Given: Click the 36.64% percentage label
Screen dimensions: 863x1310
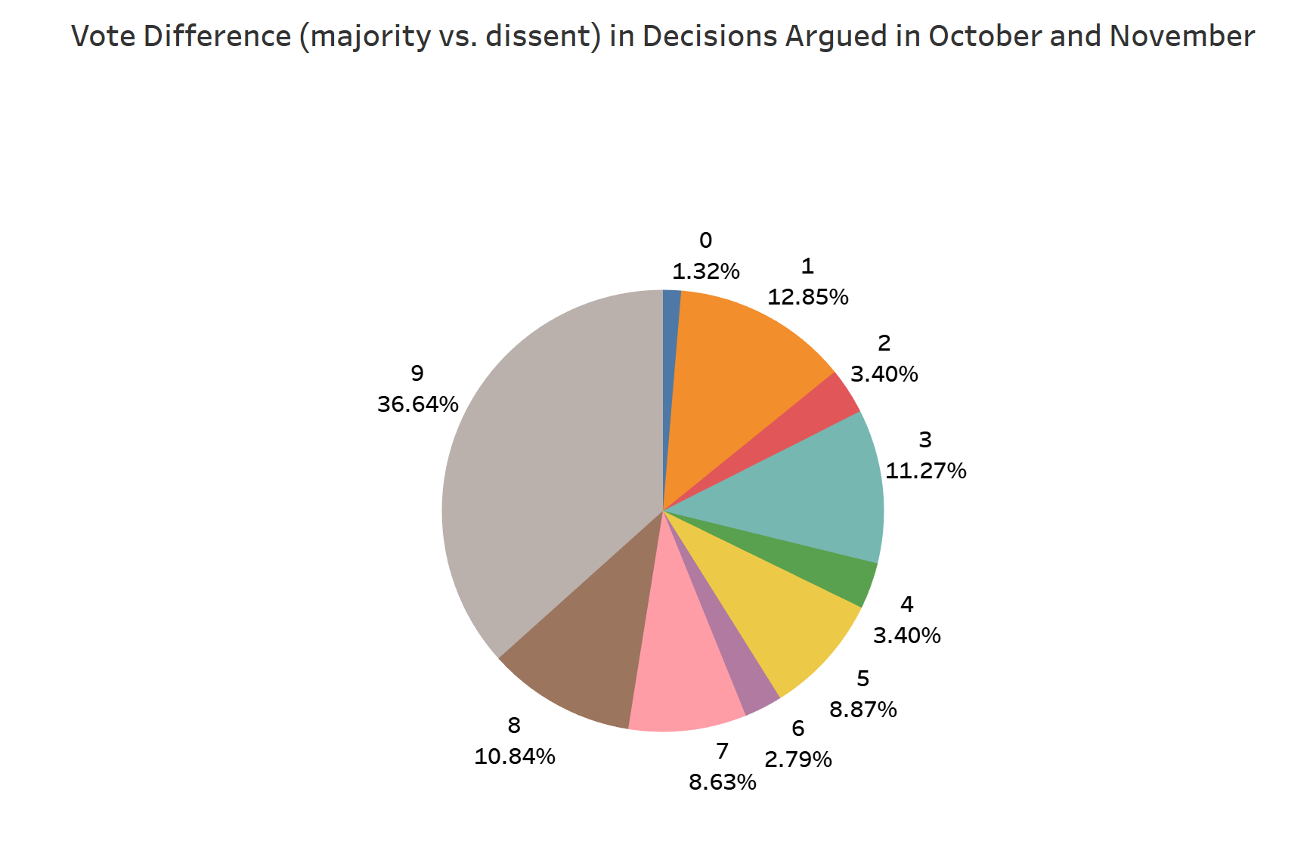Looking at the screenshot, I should (x=418, y=405).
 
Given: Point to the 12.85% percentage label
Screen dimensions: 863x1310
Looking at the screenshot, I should (x=808, y=298).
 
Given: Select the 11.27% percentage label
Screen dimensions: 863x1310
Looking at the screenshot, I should (x=926, y=472).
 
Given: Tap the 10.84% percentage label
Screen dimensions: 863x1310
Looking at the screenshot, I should (x=515, y=756).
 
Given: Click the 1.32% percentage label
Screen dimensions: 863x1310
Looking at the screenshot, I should (x=706, y=272).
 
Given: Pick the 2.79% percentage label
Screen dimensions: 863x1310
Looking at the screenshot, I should (x=798, y=759).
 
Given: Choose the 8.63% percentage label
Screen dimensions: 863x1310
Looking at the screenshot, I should (x=723, y=782).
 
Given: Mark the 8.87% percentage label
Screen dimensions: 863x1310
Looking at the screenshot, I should (x=863, y=710).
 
